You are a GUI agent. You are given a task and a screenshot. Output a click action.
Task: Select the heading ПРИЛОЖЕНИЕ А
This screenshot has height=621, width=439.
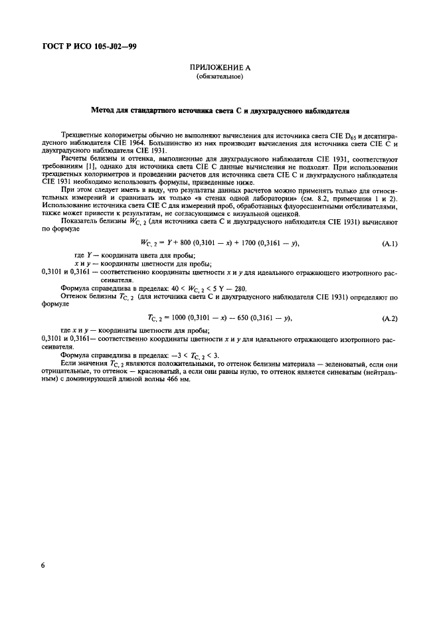(219, 68)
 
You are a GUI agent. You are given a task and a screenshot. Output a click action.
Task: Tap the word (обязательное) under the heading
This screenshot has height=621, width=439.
(219, 77)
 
